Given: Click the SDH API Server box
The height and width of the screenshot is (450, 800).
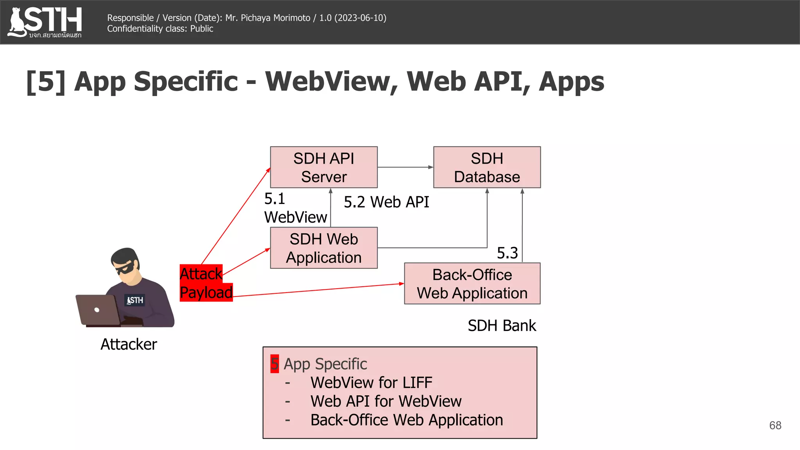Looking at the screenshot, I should tap(323, 167).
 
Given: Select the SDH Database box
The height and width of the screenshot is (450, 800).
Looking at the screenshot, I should tap(487, 167).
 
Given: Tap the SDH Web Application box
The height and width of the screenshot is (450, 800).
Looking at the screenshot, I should tap(323, 248).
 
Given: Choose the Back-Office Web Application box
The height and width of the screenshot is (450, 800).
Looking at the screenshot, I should tap(472, 284).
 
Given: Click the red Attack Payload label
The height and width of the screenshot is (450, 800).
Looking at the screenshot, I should tap(205, 283).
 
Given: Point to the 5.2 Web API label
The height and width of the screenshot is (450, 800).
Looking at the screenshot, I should tap(386, 202).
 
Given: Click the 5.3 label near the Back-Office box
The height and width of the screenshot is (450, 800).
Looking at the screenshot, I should tap(507, 253).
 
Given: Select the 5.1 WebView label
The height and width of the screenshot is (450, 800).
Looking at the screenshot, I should tap(295, 208).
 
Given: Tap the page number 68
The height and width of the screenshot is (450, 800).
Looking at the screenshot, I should tap(775, 425).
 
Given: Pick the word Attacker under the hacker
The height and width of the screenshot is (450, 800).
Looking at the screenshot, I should tap(129, 344).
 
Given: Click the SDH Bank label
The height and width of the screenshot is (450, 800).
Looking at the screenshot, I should tap(502, 325).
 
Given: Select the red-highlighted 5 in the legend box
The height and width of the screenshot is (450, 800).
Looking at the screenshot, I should tap(275, 364).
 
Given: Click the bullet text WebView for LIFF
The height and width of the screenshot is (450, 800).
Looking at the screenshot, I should tap(371, 382).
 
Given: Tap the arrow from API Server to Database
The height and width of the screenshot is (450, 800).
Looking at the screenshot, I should tap(405, 167).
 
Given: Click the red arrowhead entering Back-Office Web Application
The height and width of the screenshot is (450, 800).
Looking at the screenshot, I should tap(401, 284).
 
